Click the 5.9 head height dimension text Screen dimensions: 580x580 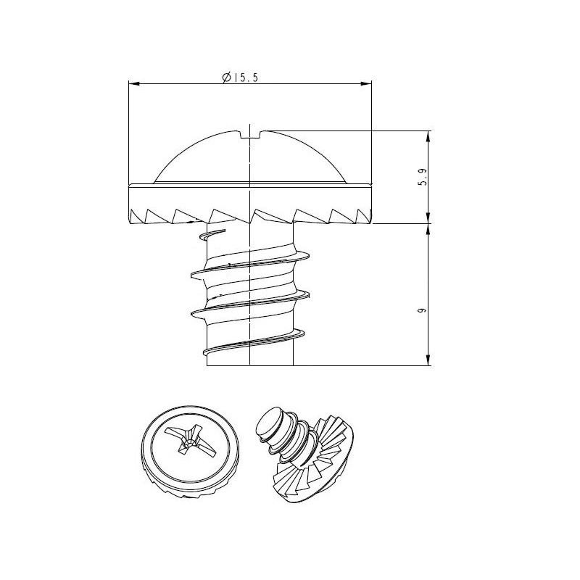click(423, 177)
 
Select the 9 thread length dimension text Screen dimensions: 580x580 click(422, 310)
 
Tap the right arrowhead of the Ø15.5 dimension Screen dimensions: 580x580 click(366, 84)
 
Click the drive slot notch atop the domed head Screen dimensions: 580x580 click(250, 134)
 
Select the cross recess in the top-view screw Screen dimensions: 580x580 click(191, 442)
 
